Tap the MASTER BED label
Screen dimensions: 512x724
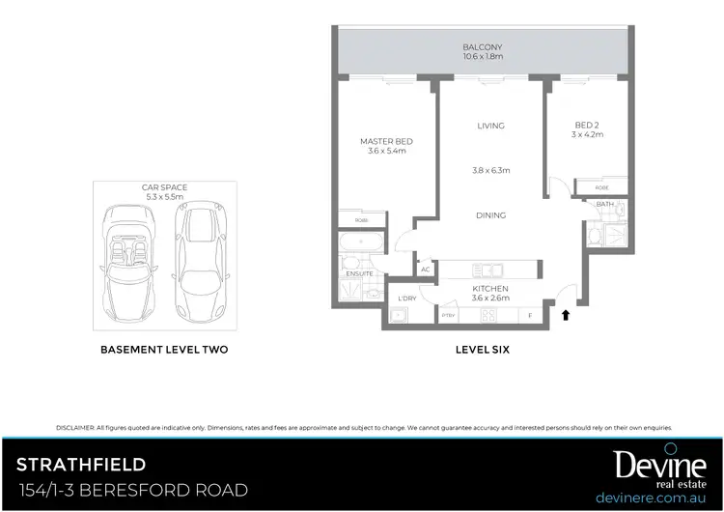386,141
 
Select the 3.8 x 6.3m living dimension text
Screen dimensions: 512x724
490,170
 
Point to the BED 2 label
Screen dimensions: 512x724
587,125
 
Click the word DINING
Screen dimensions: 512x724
490,215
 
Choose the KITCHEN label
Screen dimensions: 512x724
490,289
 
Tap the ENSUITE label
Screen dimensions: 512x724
359,273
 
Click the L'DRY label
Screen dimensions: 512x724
406,299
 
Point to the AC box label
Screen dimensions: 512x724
425,270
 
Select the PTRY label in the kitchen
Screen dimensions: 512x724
448,316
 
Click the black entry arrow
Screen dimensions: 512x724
566,314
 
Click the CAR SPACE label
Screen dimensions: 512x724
164,186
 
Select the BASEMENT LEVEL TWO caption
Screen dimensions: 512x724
164,349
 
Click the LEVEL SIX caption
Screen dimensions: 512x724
482,349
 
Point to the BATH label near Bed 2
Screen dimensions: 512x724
604,204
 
